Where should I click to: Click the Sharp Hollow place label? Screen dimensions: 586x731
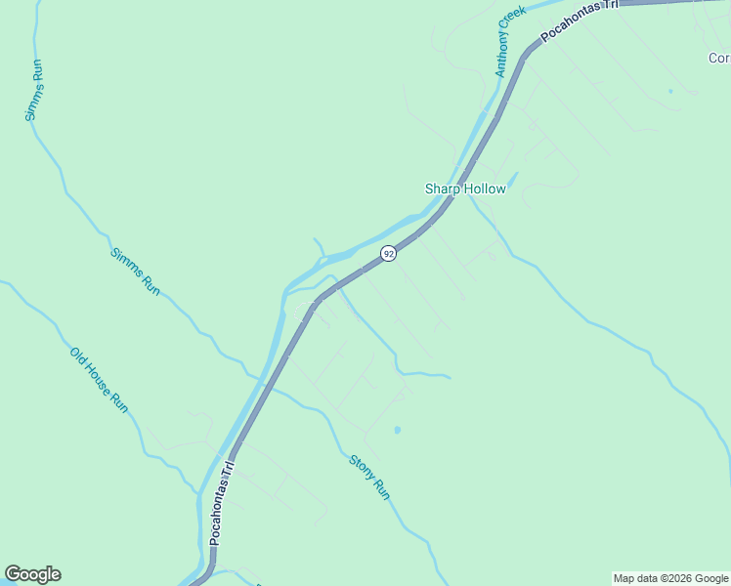coord(465,188)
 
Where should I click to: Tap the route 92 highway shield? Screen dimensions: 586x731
coord(389,254)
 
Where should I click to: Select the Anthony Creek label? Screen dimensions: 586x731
coord(510,41)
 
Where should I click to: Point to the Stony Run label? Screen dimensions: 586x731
coord(369,478)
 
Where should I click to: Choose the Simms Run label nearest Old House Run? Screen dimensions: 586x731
coord(135,272)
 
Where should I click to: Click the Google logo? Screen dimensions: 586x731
coord(32,574)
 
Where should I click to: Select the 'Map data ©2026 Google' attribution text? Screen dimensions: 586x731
coord(671,578)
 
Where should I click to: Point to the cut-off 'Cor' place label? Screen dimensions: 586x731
coord(719,58)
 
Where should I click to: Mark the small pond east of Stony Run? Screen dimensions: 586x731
coord(397,429)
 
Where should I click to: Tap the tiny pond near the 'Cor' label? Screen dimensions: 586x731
coord(670,92)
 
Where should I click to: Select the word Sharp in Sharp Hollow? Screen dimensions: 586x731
coord(441,188)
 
